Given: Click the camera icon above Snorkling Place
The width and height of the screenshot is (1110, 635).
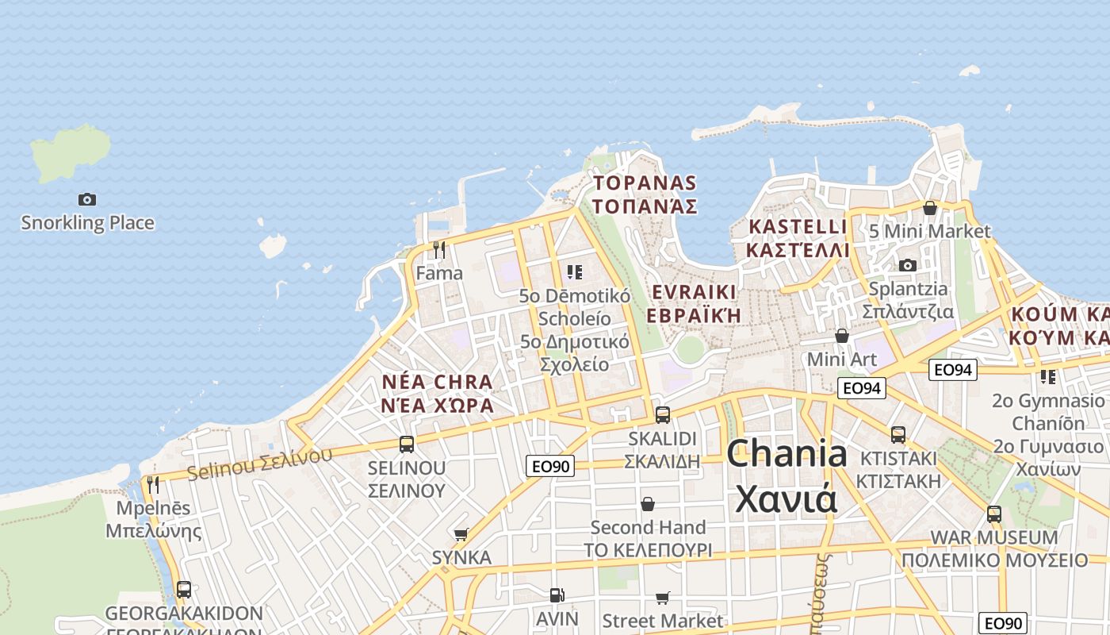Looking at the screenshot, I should point(87,199).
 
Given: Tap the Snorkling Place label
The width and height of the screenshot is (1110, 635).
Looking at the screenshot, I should point(87,223).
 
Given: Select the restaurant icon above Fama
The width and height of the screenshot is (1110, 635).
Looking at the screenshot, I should point(439,250).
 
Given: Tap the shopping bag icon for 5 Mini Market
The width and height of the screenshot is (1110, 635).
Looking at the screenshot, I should point(930,208).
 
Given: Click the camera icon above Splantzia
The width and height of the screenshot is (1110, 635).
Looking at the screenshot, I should point(908,265).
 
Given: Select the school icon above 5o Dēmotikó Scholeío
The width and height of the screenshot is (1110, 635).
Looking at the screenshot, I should point(575,272).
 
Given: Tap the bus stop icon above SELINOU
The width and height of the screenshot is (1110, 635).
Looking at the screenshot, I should point(407,444).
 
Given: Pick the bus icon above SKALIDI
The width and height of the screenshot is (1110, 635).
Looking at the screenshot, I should point(662,414).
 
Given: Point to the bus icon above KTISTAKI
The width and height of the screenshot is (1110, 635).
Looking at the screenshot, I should point(898,435).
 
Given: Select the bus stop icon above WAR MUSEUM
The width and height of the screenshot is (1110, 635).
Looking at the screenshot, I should point(994,514).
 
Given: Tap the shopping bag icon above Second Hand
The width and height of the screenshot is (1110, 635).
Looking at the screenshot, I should point(648,504).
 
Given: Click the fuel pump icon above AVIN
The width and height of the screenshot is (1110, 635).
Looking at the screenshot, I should point(557,595).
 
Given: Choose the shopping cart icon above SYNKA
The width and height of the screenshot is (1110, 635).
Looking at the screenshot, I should point(461,534).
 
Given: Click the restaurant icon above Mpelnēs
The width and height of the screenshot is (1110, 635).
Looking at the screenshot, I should point(153,484).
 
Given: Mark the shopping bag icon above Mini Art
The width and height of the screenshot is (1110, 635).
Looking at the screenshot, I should point(842,337).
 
